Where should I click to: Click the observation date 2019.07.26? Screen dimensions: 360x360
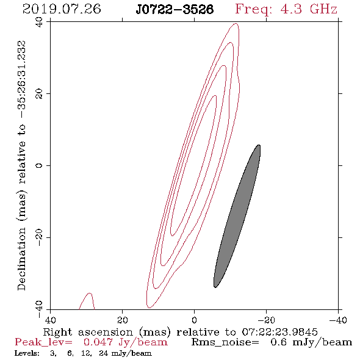[62, 9]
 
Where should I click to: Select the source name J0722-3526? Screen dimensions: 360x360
[175, 10]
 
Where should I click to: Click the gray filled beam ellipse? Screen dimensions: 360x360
[237, 216]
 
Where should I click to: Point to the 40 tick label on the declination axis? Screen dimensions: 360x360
[39, 22]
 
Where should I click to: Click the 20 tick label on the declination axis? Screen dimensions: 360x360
[39, 94]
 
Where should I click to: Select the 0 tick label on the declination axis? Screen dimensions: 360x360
[39, 165]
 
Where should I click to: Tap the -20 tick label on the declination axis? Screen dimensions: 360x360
[39, 237]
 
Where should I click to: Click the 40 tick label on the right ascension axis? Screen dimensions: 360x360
[50, 320]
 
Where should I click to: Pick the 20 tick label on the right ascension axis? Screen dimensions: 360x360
[122, 320]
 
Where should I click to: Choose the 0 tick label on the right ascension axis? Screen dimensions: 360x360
[194, 320]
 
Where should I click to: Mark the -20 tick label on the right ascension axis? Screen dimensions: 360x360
[266, 320]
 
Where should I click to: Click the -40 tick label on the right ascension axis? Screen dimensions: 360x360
[338, 320]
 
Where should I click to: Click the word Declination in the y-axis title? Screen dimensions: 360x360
[21, 259]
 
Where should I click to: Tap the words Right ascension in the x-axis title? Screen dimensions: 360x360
[88, 332]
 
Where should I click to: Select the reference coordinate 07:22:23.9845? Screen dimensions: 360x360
[279, 332]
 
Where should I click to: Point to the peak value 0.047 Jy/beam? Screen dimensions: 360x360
[125, 342]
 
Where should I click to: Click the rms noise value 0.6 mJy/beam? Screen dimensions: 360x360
[311, 342]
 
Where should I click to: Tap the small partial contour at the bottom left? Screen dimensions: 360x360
[87, 301]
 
